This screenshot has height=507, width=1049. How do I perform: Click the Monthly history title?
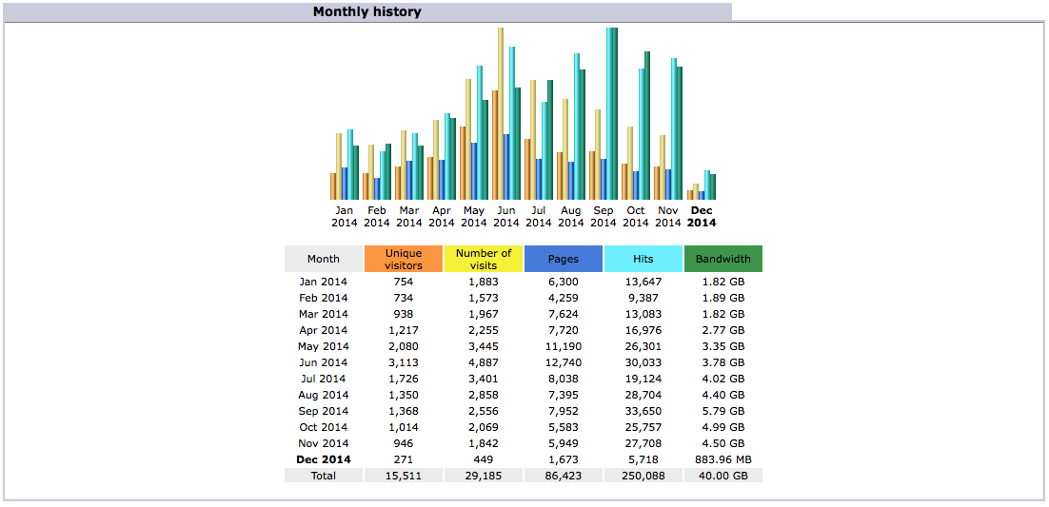coord(366,12)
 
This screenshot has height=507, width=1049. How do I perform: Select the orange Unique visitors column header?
coord(404,259)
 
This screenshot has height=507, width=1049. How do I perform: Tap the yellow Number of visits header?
coord(484,259)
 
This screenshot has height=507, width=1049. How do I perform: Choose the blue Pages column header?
coord(564,259)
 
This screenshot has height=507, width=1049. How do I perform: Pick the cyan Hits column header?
coord(643,259)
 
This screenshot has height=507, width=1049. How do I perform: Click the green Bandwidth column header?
coord(722,259)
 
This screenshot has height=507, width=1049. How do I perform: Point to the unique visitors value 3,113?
coord(404,362)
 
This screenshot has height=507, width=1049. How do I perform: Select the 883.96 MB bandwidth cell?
coord(722,459)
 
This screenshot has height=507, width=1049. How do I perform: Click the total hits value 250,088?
coord(643,476)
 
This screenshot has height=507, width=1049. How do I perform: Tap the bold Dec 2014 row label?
coord(323,459)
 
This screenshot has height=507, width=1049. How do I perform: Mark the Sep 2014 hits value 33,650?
coord(643,411)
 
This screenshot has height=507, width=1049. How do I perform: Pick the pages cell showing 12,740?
coord(564,362)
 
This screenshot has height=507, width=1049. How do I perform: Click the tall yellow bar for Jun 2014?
coord(501,114)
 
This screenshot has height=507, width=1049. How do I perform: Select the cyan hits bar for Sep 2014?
coord(609,114)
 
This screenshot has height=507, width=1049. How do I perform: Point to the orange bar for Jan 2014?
coord(333,186)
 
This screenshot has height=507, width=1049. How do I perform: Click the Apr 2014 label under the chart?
coord(442,217)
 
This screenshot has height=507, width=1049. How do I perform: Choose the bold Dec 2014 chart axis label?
coord(702,217)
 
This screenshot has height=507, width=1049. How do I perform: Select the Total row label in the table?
coord(323,476)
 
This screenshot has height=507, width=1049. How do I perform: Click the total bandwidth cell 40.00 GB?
coord(722,476)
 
